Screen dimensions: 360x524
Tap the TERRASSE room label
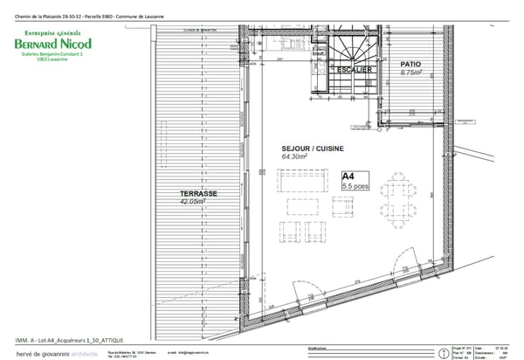coord(176,194)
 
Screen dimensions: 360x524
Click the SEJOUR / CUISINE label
coord(304,149)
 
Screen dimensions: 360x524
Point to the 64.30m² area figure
coord(297,157)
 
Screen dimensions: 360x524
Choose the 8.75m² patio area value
coord(411,73)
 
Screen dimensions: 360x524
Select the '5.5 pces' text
coord(357,187)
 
